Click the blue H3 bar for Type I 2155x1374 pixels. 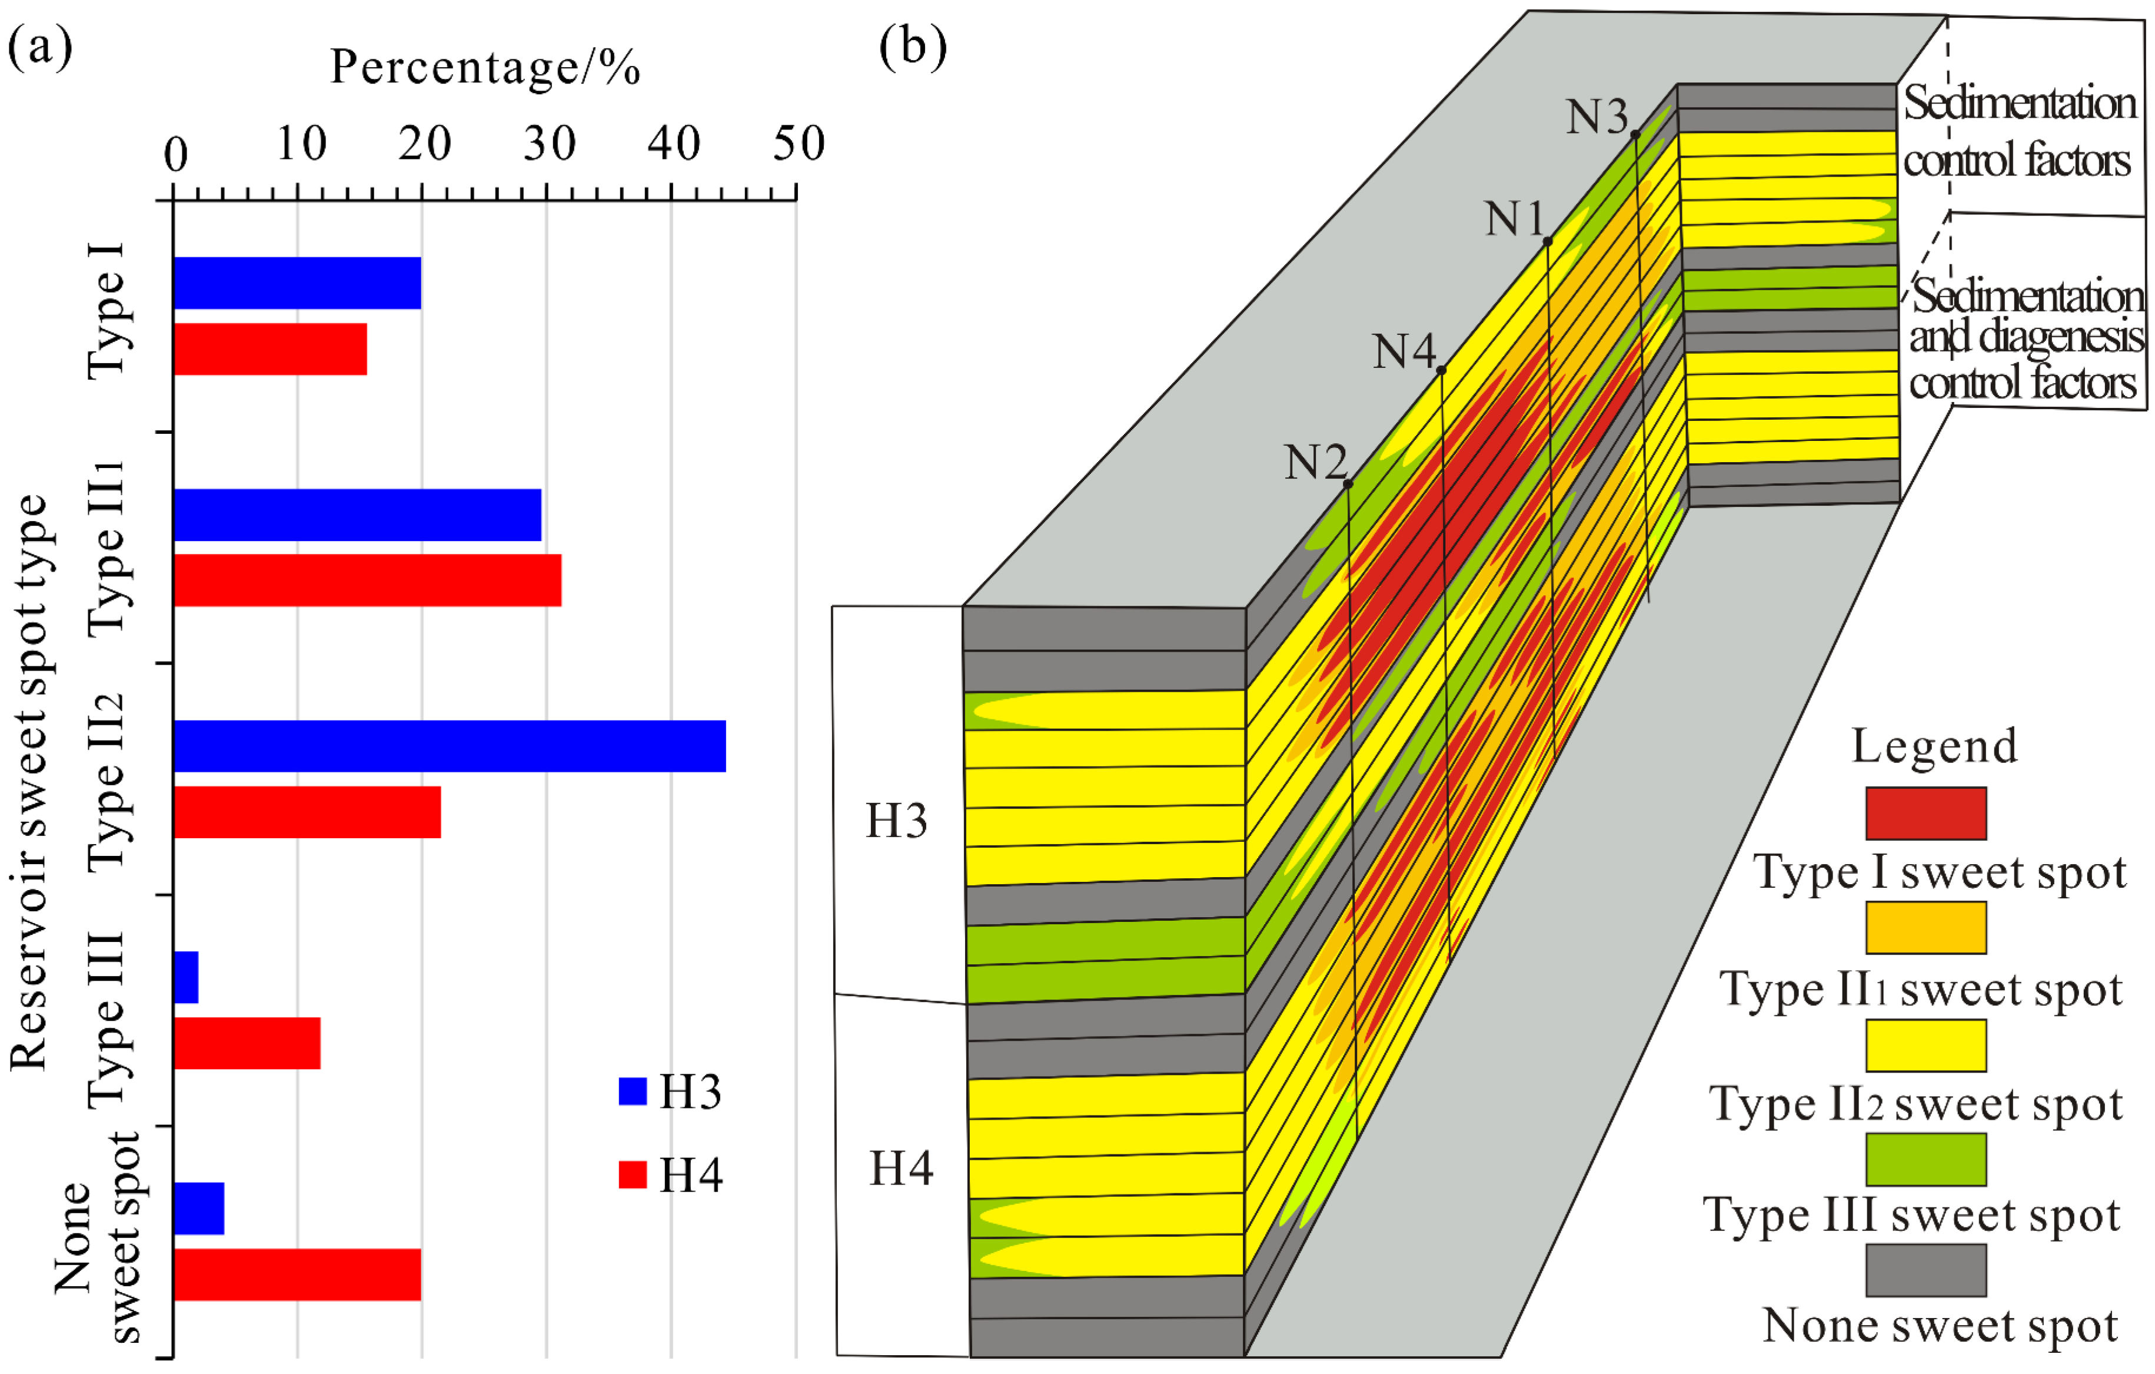tap(297, 283)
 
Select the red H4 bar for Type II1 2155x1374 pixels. tap(367, 580)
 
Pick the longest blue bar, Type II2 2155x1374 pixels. tap(449, 746)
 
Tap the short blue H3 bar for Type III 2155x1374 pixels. tap(186, 977)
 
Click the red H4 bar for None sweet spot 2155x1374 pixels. tap(297, 1275)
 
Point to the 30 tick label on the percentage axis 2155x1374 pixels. tap(548, 143)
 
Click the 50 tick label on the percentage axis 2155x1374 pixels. tap(797, 143)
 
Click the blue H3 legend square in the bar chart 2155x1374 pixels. tap(633, 1091)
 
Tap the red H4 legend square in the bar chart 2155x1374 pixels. tap(633, 1174)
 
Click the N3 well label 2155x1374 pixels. tap(1596, 117)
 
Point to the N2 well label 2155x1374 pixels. tap(1315, 463)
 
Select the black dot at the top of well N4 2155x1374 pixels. tap(1441, 370)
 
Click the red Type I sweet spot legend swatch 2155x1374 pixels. tap(1926, 813)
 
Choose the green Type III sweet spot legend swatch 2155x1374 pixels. tap(1926, 1159)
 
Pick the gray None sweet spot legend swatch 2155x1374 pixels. tap(1926, 1270)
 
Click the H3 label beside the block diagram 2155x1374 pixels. tap(896, 821)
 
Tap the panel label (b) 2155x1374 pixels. tap(912, 47)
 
